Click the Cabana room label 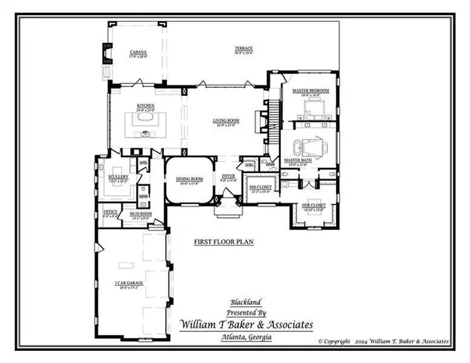coord(138,52)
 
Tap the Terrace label coord(243,49)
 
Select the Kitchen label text coord(146,106)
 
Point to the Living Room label coord(225,121)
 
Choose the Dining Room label coord(189,180)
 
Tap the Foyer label coord(228,177)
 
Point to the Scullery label coord(119,177)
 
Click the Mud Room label coord(141,214)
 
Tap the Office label coord(110,212)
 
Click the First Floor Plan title coord(222,242)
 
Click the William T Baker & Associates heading coord(246,324)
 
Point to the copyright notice coord(383,342)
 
